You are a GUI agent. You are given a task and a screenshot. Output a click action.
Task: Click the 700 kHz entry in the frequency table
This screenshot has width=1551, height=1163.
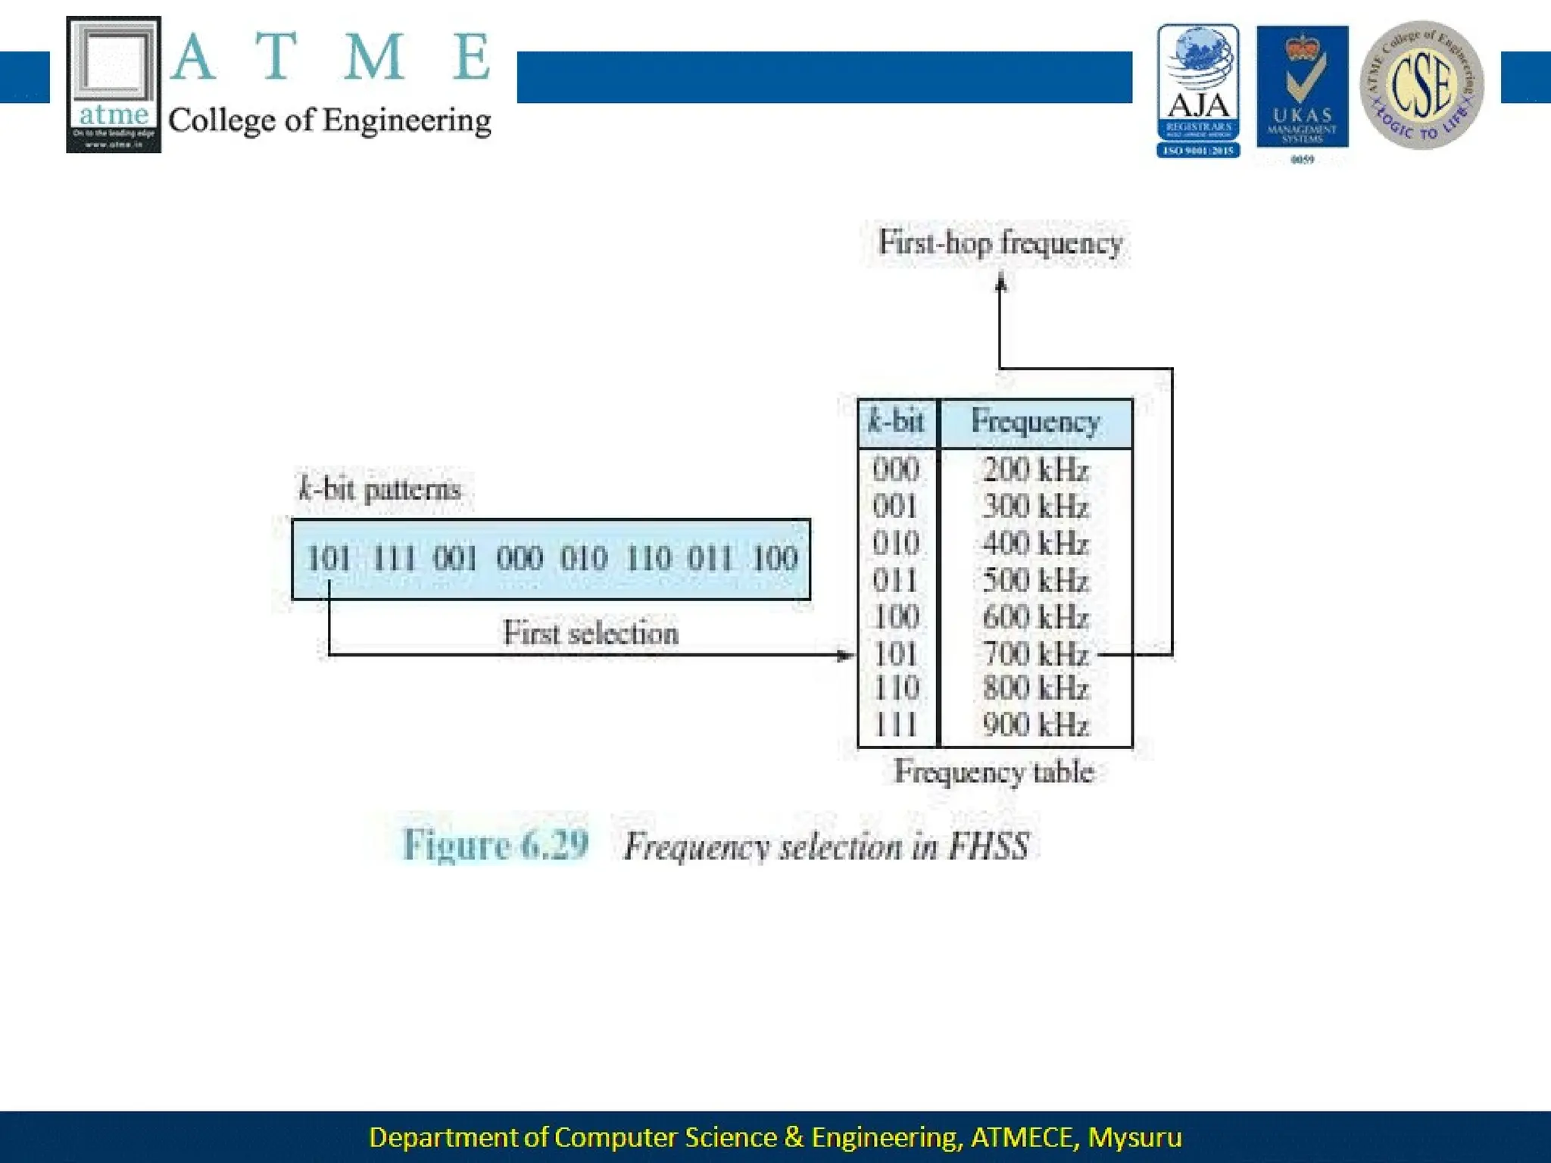click(x=1035, y=653)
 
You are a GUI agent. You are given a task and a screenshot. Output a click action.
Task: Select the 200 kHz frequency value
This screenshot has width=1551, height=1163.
click(x=1035, y=470)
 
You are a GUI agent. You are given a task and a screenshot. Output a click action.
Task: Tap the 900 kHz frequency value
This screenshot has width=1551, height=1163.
click(x=1035, y=725)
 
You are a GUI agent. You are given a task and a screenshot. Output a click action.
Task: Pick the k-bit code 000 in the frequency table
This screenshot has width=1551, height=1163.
click(x=896, y=470)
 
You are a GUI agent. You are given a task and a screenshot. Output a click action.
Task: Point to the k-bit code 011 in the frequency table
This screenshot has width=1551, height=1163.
click(x=896, y=581)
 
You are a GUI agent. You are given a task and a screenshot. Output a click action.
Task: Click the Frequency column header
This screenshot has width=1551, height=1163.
click(x=1035, y=422)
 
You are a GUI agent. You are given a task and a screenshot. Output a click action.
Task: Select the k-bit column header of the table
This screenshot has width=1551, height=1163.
click(x=897, y=422)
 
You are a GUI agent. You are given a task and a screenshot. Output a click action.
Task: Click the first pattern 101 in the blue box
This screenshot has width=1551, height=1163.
click(x=329, y=559)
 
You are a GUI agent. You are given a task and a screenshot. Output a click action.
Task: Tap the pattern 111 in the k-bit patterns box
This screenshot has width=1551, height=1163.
click(x=394, y=559)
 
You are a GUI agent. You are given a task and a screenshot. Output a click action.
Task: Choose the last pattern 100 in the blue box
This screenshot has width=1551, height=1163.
click(x=775, y=559)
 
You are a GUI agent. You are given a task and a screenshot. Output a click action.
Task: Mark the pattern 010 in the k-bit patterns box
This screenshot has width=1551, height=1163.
click(x=584, y=559)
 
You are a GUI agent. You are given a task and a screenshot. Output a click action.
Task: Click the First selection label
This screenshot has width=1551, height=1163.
click(x=591, y=633)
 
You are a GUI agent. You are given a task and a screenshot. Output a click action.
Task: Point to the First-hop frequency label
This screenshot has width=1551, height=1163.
click(x=1000, y=243)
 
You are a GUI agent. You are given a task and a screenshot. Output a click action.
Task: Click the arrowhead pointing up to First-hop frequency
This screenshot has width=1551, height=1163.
click(x=1000, y=284)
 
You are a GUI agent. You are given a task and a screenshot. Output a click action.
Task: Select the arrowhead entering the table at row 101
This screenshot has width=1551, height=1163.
click(x=846, y=655)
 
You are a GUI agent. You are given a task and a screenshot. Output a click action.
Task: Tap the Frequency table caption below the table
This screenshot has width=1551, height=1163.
click(x=994, y=772)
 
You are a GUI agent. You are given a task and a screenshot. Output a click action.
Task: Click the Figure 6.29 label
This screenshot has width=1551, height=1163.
click(x=495, y=845)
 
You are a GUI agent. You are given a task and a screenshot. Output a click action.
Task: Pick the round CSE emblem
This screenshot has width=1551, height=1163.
click(x=1421, y=85)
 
